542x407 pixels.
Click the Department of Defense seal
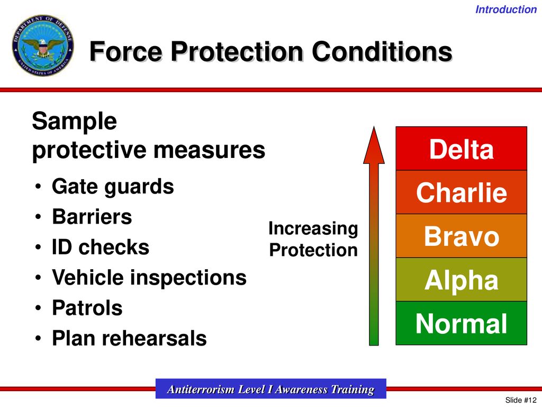point(43,46)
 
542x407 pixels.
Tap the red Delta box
point(461,148)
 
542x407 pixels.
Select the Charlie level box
point(461,192)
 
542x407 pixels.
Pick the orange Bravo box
point(461,236)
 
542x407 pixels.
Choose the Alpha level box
point(461,279)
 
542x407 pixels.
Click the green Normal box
point(461,323)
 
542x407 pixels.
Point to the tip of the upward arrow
point(374,127)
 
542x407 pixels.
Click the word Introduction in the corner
point(505,10)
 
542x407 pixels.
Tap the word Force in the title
point(126,51)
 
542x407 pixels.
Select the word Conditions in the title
point(382,51)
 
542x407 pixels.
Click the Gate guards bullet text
point(113,187)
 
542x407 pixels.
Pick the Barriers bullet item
point(92,217)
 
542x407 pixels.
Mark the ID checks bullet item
point(100,247)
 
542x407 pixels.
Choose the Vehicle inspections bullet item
point(149,278)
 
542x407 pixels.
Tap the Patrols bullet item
point(87,308)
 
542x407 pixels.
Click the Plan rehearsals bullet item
point(129,338)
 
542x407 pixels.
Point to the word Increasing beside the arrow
point(313,229)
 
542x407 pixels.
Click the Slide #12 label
point(521,400)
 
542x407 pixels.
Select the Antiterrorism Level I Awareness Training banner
point(270,388)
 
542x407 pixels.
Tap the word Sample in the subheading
point(74,121)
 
